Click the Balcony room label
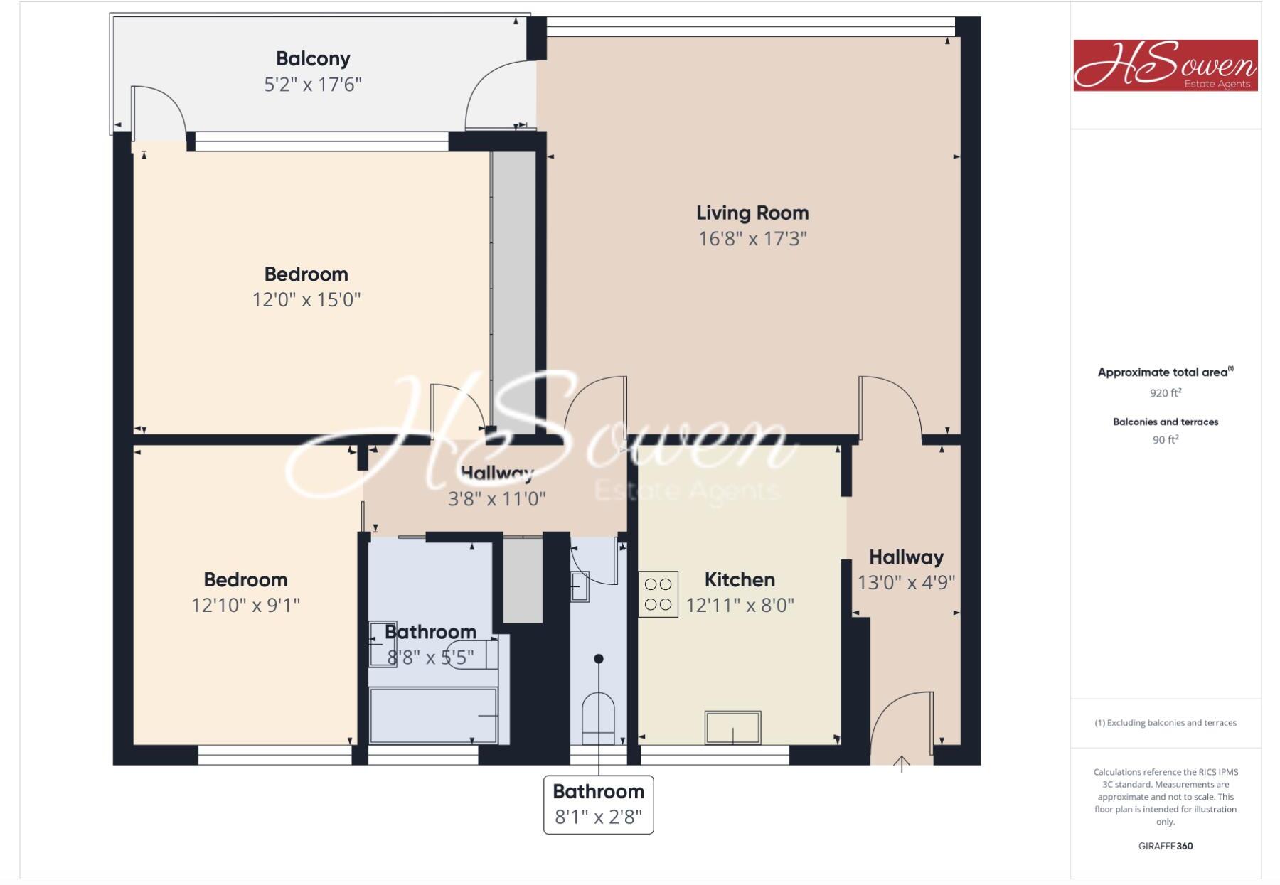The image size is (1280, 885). click(x=313, y=58)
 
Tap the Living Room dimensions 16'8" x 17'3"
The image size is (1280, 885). click(x=752, y=238)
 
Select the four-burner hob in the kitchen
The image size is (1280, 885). click(x=658, y=594)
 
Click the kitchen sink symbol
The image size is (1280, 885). click(x=732, y=727)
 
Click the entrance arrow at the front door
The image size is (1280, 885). click(x=902, y=764)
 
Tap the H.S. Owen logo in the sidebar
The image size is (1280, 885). click(x=1165, y=65)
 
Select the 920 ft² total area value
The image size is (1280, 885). click(x=1166, y=392)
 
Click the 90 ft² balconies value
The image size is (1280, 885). click(x=1166, y=440)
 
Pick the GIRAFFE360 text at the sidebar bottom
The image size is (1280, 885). click(x=1166, y=846)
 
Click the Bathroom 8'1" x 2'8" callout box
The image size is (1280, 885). click(x=598, y=805)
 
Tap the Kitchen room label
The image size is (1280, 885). click(x=740, y=580)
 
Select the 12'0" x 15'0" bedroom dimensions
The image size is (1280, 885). click(x=306, y=299)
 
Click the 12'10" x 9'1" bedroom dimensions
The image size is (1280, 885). click(x=245, y=605)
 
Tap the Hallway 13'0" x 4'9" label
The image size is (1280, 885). click(x=906, y=569)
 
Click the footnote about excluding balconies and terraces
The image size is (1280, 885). click(x=1166, y=723)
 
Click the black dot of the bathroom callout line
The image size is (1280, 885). click(x=599, y=659)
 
